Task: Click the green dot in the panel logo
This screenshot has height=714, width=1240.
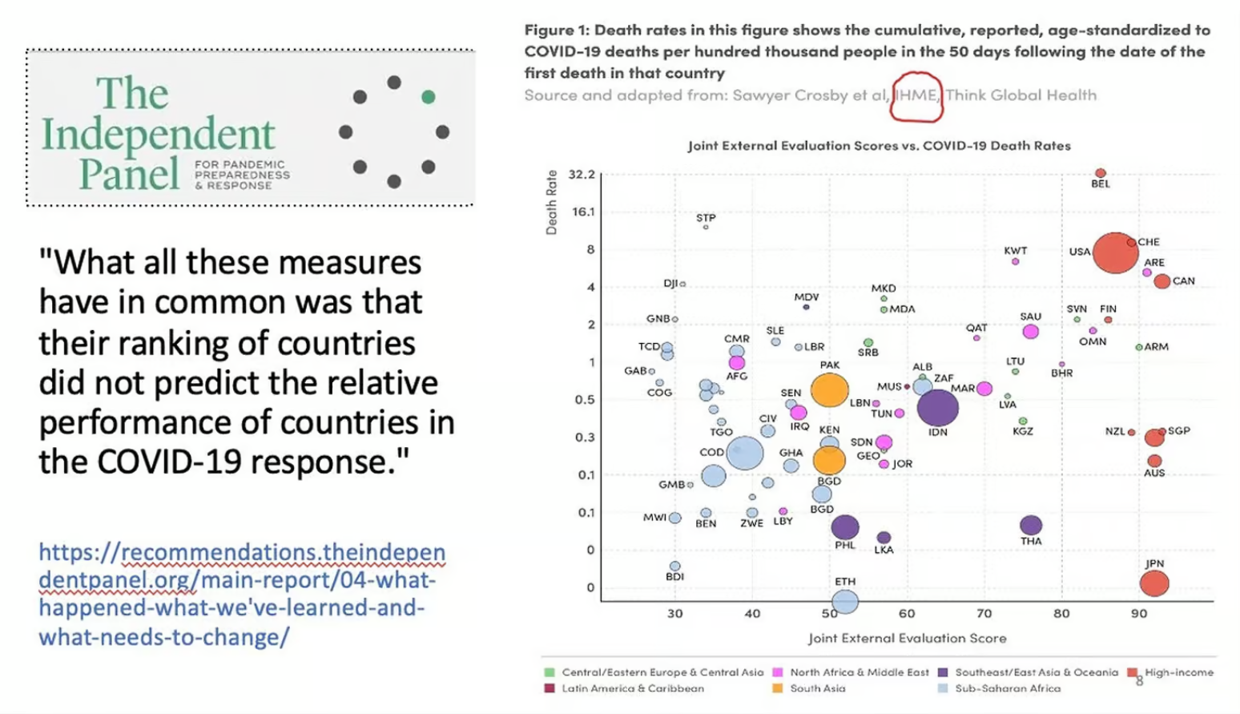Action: coord(429,97)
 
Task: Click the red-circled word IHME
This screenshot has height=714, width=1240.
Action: coord(916,95)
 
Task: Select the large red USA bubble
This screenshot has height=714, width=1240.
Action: coord(1114,252)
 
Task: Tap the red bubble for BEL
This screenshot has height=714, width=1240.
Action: coord(1101,173)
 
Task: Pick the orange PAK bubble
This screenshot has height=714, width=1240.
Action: coord(829,390)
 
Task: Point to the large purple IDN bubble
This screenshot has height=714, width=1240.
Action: coord(937,407)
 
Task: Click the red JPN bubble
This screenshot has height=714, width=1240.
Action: coord(1153,583)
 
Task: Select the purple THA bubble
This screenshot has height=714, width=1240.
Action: coord(1031,525)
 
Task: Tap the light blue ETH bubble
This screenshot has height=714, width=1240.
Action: coord(845,600)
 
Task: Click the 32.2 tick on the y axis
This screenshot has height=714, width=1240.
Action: coord(582,174)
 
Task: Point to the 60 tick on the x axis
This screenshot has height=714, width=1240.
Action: coord(907,614)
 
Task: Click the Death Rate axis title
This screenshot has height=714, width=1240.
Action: coord(551,202)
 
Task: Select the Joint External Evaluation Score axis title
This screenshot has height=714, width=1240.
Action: coord(907,638)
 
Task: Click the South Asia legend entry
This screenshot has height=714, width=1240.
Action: coord(816,688)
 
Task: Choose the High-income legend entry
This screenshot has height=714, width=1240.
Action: coord(1178,672)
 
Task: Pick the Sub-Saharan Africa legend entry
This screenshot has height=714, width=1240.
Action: coord(1007,688)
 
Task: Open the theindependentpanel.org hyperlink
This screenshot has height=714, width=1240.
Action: coord(241,594)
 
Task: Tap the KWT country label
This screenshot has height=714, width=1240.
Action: coord(1015,251)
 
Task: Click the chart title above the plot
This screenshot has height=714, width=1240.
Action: coord(879,146)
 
